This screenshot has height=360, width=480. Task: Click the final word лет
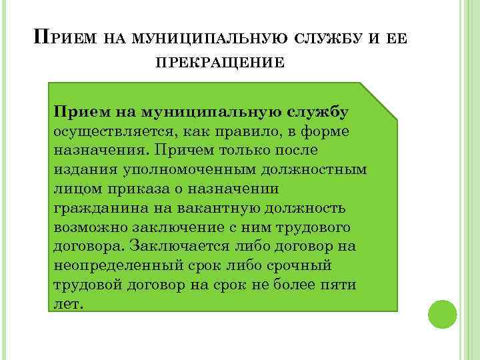click(67, 304)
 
